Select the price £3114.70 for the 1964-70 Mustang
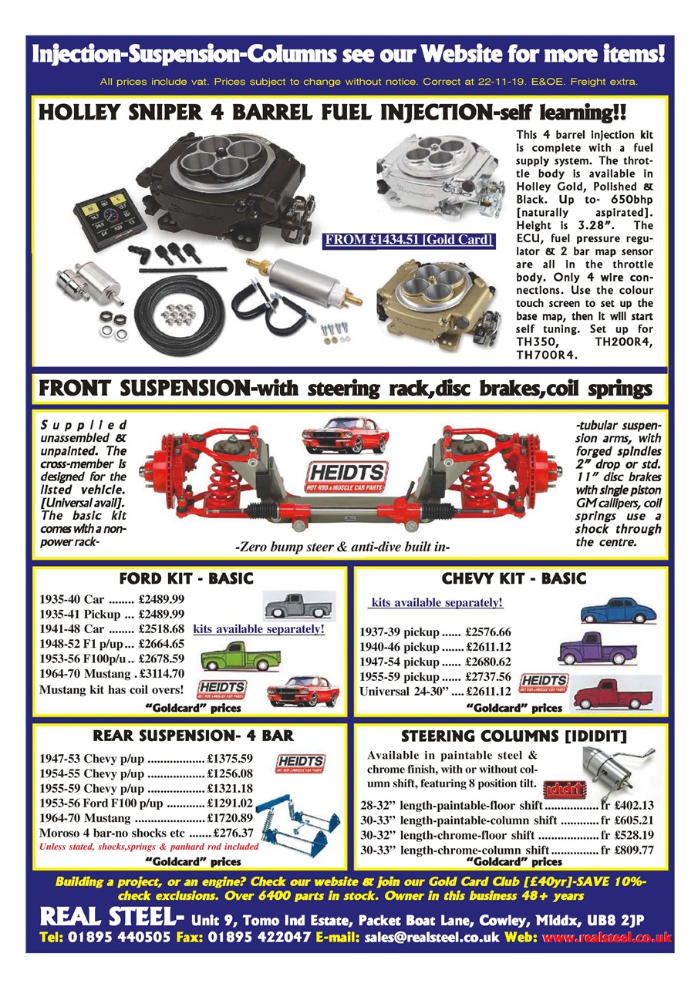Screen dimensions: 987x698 (160, 673)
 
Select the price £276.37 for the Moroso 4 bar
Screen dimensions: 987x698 (232, 833)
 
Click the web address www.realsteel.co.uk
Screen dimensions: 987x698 (607, 937)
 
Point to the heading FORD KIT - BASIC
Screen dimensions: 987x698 (185, 578)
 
